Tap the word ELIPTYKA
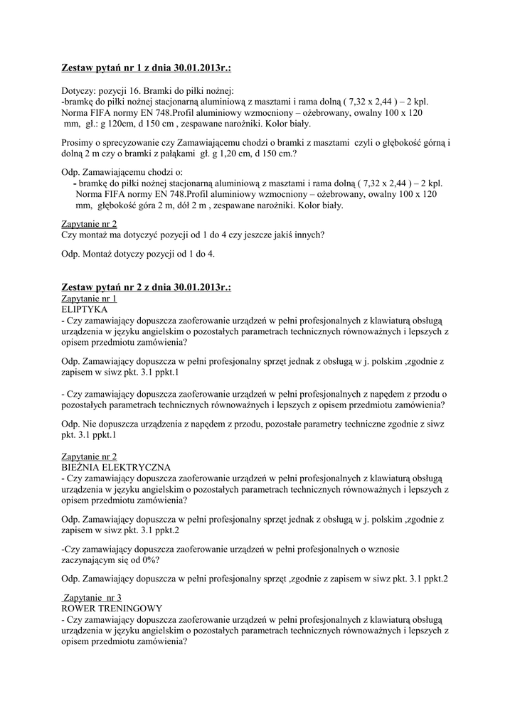85,310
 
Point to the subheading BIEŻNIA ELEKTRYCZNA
116,467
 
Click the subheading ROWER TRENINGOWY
112,609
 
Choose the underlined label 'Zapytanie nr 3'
92,598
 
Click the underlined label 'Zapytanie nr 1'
90,299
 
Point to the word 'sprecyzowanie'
135,143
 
